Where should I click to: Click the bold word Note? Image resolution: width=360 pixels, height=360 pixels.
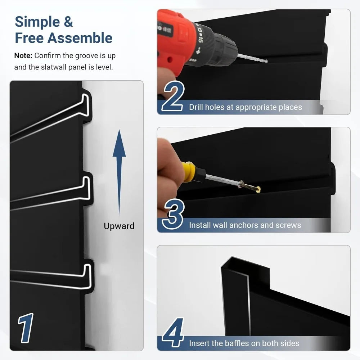[23, 56]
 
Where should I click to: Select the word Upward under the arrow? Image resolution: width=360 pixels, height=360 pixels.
[119, 226]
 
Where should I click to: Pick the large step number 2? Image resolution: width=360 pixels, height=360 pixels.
[173, 98]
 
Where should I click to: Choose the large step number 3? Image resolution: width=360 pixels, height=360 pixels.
[173, 215]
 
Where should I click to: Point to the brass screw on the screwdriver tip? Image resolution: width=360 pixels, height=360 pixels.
[251, 186]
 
